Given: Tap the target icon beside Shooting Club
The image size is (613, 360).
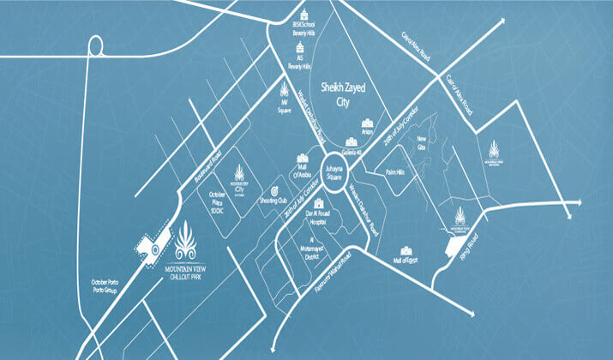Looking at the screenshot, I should [276, 187].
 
